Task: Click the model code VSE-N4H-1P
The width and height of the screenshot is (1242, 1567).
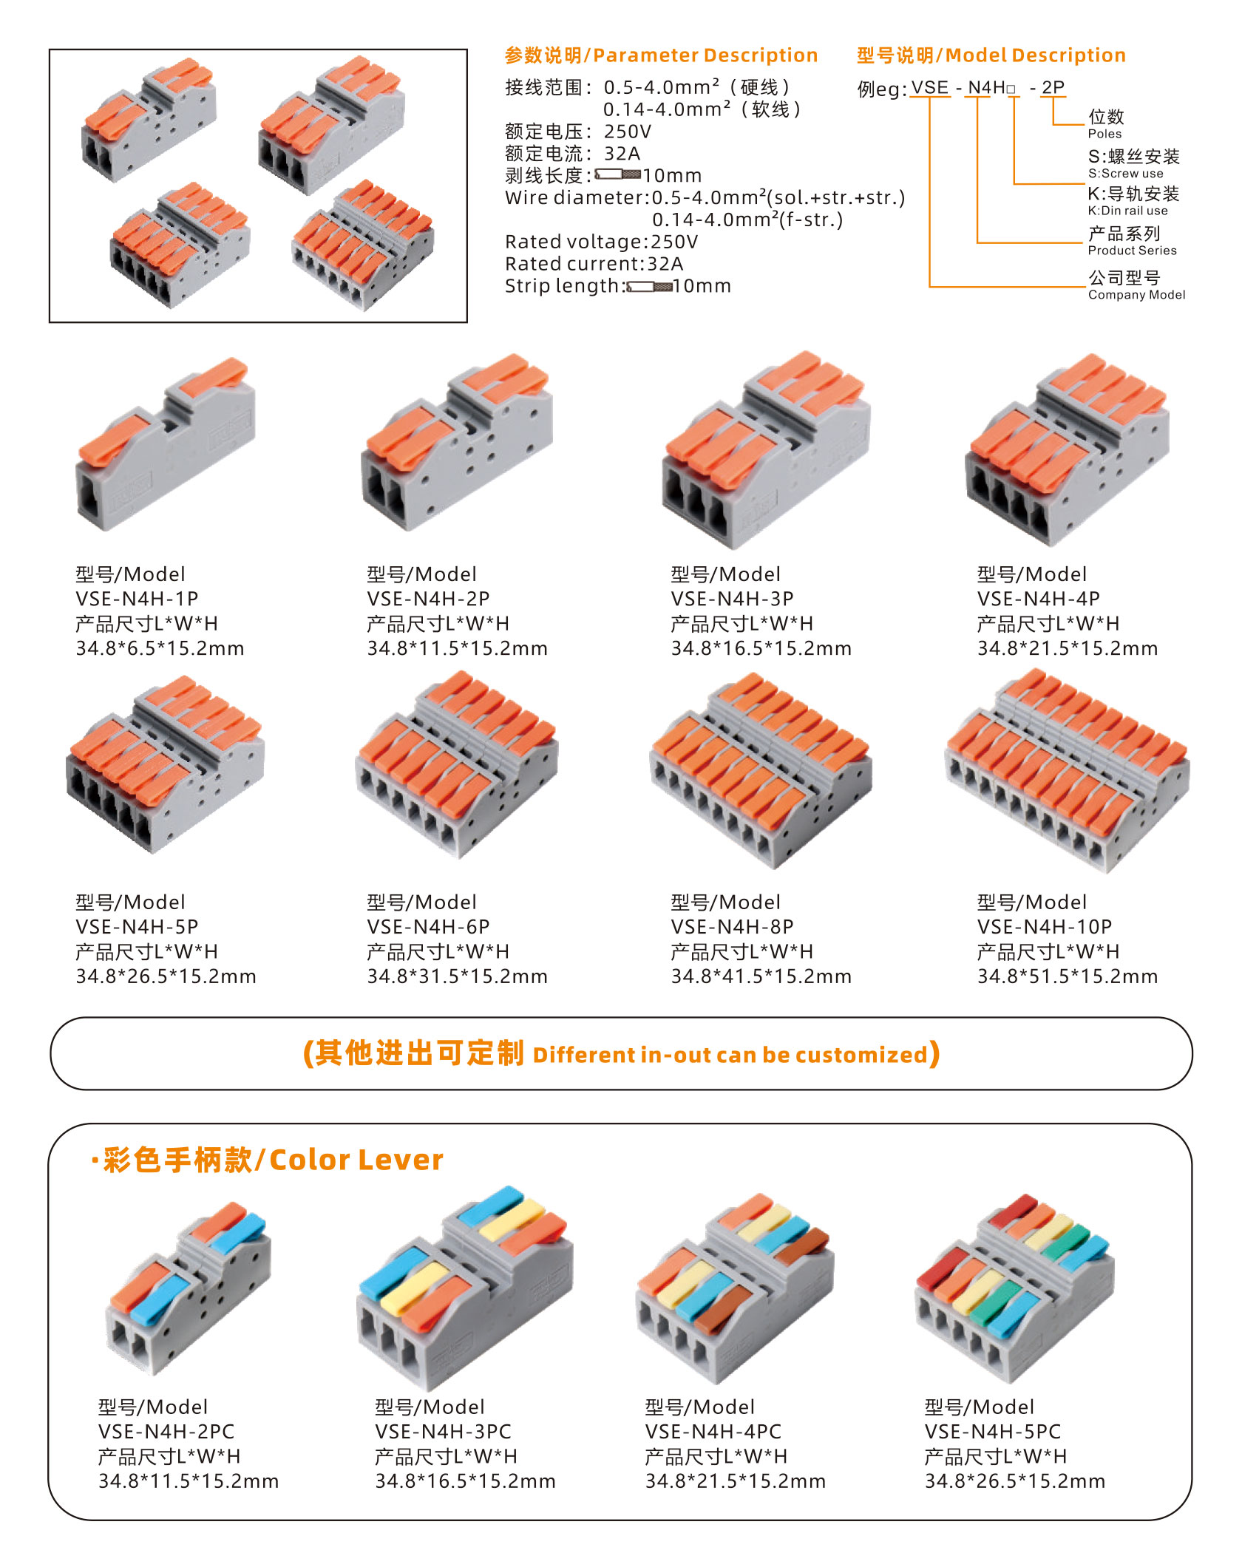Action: pos(137,599)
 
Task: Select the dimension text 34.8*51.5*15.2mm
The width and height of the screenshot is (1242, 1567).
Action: pos(1068,976)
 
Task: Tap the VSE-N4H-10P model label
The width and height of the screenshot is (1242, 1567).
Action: pos(1045,927)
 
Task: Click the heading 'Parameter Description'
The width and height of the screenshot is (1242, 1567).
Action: pos(705,55)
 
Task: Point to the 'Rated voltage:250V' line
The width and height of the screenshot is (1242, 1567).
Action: pos(601,242)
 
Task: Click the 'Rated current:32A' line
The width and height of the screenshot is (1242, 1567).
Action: pos(594,264)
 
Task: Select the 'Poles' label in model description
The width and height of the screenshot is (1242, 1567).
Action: pos(1104,134)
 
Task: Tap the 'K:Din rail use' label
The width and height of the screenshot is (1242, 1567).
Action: pos(1127,211)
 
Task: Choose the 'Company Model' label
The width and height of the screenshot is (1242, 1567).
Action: pos(1136,295)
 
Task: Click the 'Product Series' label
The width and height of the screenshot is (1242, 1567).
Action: pos(1132,251)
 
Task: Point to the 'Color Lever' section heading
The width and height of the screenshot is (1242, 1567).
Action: pos(356,1160)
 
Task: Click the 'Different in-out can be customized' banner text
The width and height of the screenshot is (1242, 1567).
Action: pos(730,1055)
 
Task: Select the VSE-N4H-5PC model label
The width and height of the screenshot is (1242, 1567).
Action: pos(993,1432)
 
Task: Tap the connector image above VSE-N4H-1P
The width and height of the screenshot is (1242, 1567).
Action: pos(166,444)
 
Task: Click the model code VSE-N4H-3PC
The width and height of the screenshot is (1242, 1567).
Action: pos(443,1432)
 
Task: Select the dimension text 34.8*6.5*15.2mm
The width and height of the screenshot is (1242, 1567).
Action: pos(160,648)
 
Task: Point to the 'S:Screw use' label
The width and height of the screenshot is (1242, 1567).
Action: pos(1125,174)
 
